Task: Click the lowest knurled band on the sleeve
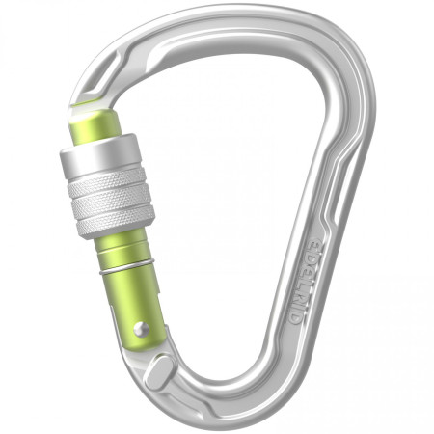coord(110,223)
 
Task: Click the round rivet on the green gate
coord(141,329)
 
